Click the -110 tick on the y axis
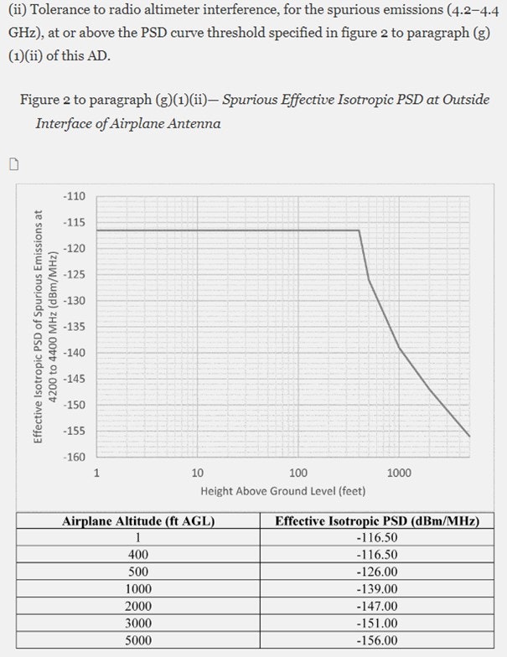tap(75, 196)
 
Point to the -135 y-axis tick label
tap(75, 327)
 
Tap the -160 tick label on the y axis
tap(75, 457)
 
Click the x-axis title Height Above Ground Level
tap(282, 490)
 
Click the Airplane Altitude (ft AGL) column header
tap(138, 521)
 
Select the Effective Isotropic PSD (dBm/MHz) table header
tap(377, 521)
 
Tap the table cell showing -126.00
tap(377, 572)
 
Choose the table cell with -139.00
tap(377, 589)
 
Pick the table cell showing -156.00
tap(377, 639)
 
